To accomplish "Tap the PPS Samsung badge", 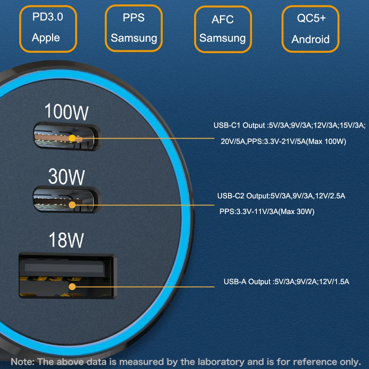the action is [x=134, y=28].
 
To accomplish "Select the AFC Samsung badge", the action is [x=223, y=29].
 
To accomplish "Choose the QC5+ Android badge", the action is [x=310, y=28].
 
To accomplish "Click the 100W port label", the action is [x=66, y=111].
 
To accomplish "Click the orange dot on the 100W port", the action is [x=73, y=139].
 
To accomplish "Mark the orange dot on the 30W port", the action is [x=73, y=204].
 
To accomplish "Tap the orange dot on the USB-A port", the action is [x=72, y=287].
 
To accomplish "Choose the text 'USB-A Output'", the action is [x=247, y=282].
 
